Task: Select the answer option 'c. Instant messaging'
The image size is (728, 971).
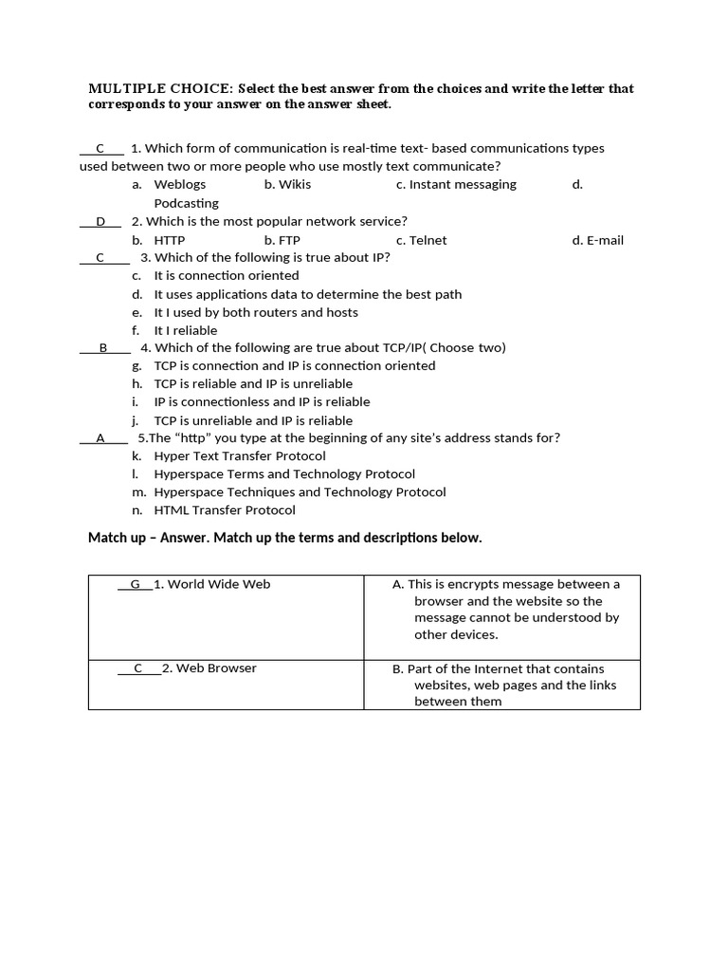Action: coord(456,185)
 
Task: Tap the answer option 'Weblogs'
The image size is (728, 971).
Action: coord(179,185)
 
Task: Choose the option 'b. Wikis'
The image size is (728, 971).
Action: coord(287,185)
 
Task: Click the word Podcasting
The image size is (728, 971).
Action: coord(186,203)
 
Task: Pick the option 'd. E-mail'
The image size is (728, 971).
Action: coord(597,241)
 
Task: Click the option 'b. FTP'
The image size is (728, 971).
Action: coord(282,241)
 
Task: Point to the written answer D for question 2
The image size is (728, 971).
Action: coord(100,222)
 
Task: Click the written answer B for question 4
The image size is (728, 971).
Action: coord(103,348)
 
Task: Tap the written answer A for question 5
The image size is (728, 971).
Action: coord(100,438)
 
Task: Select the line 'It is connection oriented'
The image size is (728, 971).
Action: coord(226,276)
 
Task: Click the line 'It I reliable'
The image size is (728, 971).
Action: coord(185,331)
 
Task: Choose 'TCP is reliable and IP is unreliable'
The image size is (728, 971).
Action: coord(252,384)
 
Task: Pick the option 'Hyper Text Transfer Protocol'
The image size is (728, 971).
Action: coord(239,456)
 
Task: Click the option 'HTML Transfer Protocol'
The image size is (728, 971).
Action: coord(224,510)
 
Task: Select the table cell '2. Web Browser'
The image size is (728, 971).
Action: coord(209,669)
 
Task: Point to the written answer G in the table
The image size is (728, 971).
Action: coord(135,584)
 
